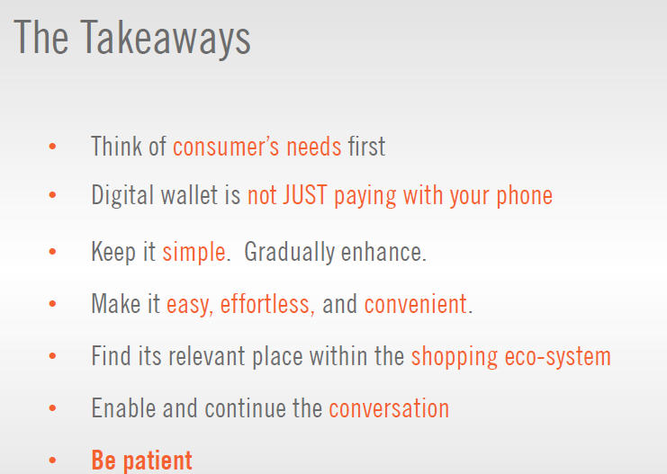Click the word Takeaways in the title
(166, 40)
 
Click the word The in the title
(41, 37)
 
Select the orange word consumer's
(226, 147)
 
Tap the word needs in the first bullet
(313, 147)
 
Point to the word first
(366, 147)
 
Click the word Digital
(122, 196)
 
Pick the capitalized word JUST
(305, 194)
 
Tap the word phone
(525, 196)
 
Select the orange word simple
(194, 253)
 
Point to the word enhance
(382, 252)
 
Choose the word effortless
(265, 304)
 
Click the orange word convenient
(416, 304)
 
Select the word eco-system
(558, 357)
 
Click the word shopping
(455, 357)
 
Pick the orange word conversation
(389, 408)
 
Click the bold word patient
(158, 461)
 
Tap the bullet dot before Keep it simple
(53, 252)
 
